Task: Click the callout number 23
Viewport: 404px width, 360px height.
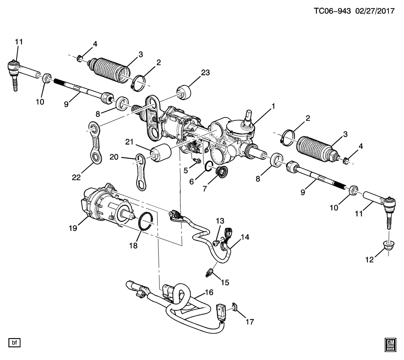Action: [x=206, y=73]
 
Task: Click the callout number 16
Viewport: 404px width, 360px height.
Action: [x=209, y=292]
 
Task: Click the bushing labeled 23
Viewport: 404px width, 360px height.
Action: [x=184, y=92]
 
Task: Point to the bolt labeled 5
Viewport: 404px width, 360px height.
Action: [x=197, y=161]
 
